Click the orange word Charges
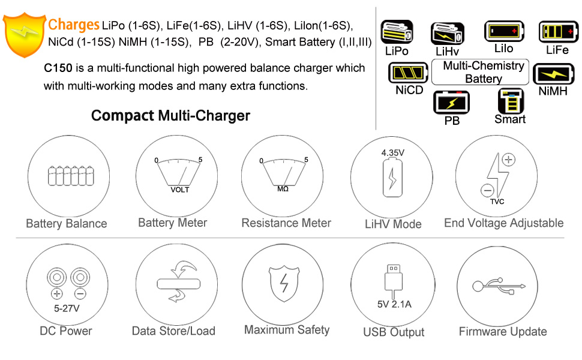(x=73, y=25)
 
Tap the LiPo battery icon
(x=397, y=32)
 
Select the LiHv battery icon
(x=447, y=34)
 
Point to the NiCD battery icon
(x=409, y=74)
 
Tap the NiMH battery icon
(x=553, y=75)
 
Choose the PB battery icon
(x=452, y=102)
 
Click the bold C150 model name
(x=58, y=68)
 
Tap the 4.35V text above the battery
(x=393, y=153)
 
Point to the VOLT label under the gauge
(x=179, y=190)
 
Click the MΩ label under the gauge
(x=283, y=188)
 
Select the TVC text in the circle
(x=497, y=201)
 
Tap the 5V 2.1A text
(x=394, y=304)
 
